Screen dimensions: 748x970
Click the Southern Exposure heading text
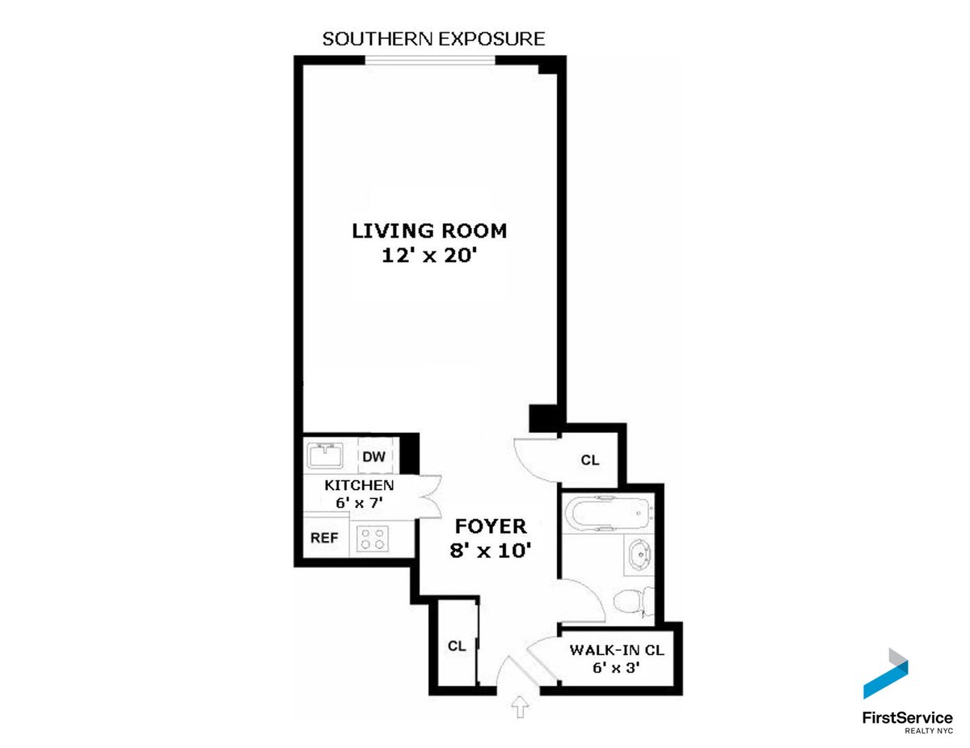[433, 39]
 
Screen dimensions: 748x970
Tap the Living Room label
[429, 231]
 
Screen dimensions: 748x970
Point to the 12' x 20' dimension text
[429, 256]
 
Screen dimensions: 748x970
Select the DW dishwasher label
[373, 457]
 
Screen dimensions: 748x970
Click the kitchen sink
[325, 456]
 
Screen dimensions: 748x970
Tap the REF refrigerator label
[324, 538]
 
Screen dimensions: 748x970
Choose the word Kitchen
[359, 486]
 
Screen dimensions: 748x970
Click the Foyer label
[491, 526]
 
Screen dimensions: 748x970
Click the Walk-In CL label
[616, 650]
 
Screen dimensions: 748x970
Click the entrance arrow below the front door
[518, 708]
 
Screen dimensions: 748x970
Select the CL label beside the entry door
[458, 646]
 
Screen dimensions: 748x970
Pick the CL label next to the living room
[590, 460]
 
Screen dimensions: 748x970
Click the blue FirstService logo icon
[887, 675]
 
